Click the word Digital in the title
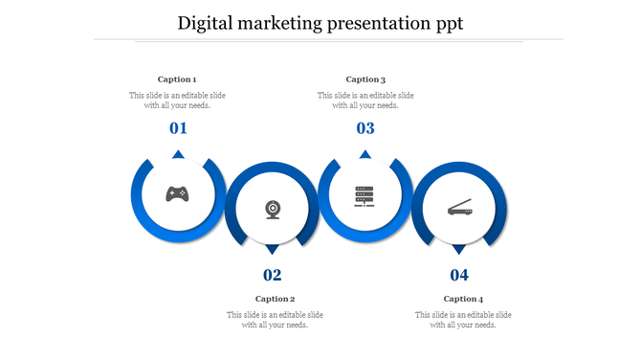pyautogui.click(x=207, y=24)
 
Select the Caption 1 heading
pyautogui.click(x=177, y=79)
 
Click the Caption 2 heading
pyautogui.click(x=275, y=299)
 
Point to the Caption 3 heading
pyautogui.click(x=365, y=79)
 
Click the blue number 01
pyautogui.click(x=178, y=128)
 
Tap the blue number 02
pyautogui.click(x=273, y=276)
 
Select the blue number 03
pyautogui.click(x=365, y=128)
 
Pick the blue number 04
pyautogui.click(x=460, y=276)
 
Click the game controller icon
pyautogui.click(x=177, y=194)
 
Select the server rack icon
pyautogui.click(x=365, y=195)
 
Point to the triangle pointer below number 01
pyautogui.click(x=178, y=154)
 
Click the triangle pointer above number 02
pyautogui.click(x=273, y=250)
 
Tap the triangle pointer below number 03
pyautogui.click(x=365, y=154)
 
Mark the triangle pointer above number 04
pyautogui.click(x=459, y=250)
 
